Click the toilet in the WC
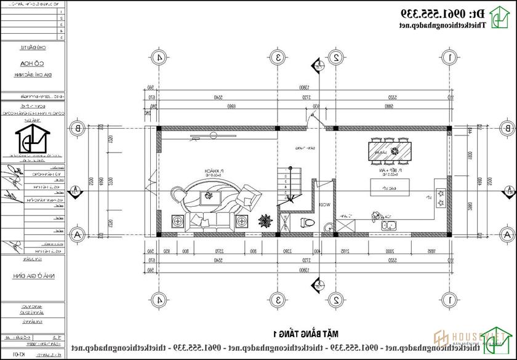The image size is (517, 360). pos(307,223)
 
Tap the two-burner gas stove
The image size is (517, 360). pos(441,198)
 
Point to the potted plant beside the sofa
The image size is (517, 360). pos(265,220)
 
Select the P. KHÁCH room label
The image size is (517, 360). pos(213,172)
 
